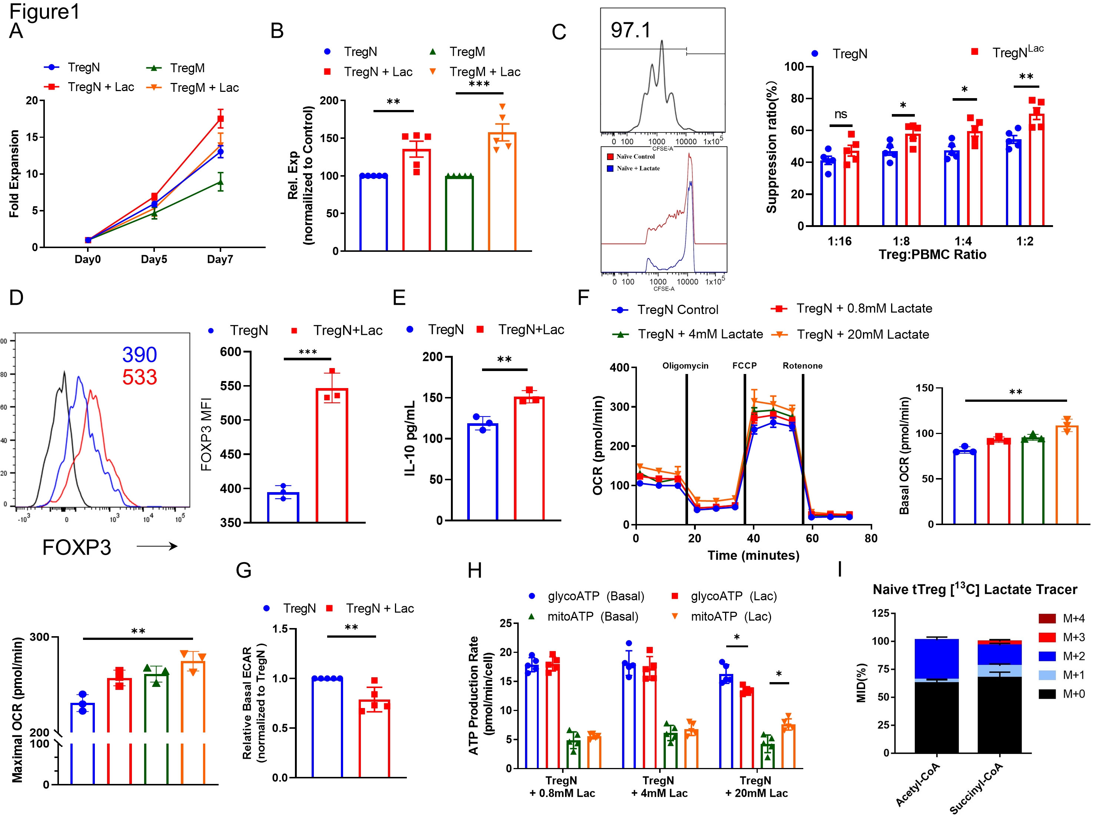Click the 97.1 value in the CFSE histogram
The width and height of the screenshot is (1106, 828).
pos(631,30)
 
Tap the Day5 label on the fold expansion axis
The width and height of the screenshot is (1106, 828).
pos(154,259)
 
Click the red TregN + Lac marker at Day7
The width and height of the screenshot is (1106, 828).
pos(220,119)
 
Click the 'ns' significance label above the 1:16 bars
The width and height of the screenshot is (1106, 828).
pos(840,114)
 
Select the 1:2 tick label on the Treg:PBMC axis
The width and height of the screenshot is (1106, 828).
pos(1024,241)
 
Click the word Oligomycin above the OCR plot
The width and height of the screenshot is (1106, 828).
pos(685,366)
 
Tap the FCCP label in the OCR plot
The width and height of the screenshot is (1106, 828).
pos(744,366)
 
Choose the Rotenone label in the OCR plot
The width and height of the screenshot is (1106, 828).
pos(802,366)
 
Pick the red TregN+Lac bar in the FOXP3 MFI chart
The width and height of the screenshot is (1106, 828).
pos(332,455)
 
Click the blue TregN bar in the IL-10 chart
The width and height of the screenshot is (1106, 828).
pos(482,472)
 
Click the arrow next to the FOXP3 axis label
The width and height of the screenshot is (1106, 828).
pos(157,547)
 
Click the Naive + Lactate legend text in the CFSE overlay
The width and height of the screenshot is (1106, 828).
pos(638,168)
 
